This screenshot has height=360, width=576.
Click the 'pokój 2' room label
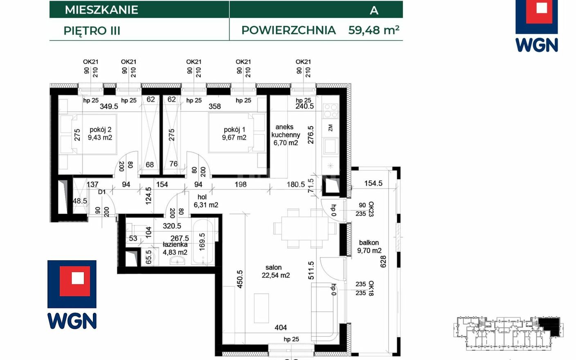(100, 130)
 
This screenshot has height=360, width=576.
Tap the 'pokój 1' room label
(234, 130)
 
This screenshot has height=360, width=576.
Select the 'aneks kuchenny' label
(286, 131)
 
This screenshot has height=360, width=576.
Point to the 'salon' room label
(274, 268)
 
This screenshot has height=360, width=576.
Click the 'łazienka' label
(175, 245)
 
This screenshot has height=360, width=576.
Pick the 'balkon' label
(369, 243)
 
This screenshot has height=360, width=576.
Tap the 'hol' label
(202, 197)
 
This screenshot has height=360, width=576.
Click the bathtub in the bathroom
(203, 242)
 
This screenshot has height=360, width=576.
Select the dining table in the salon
(305, 229)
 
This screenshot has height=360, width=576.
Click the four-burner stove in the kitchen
(331, 110)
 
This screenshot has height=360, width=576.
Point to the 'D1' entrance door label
(102, 192)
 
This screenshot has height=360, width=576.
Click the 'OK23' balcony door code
(371, 209)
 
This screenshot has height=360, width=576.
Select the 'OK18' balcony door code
(371, 288)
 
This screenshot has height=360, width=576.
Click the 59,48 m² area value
(374, 30)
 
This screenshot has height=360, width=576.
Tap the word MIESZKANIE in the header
(101, 10)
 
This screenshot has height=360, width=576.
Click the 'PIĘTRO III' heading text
(92, 31)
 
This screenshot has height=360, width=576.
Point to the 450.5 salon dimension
(240, 279)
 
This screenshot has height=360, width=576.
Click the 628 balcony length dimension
(383, 261)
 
